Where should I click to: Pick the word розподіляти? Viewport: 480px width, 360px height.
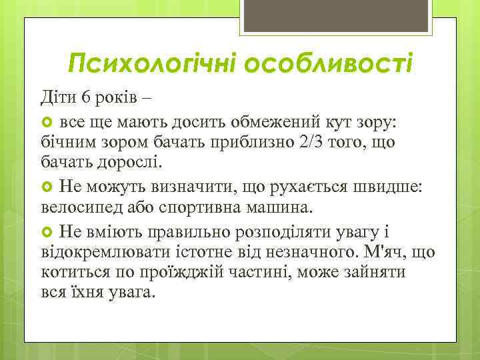tap(291, 232)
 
